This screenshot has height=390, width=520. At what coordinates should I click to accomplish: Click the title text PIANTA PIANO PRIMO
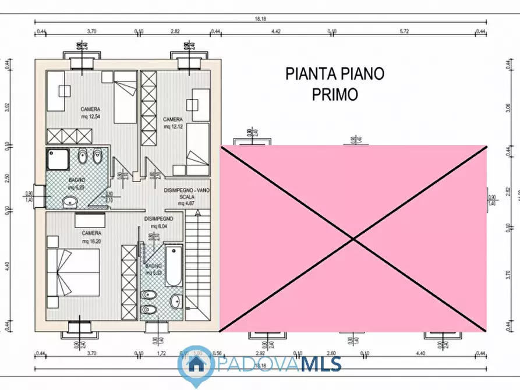tap(334, 84)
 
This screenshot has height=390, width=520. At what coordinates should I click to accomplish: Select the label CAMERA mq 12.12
tap(174, 123)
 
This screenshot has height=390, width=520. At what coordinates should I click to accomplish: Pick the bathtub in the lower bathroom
tap(174, 267)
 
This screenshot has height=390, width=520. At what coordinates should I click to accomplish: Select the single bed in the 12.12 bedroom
tap(197, 145)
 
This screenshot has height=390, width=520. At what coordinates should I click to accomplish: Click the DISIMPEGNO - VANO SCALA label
tap(186, 197)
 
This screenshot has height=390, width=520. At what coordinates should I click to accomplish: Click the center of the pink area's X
tap(353, 238)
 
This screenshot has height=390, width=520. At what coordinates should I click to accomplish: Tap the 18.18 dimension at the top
tap(260, 19)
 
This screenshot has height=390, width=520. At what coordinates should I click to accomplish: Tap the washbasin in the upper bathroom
tap(70, 202)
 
